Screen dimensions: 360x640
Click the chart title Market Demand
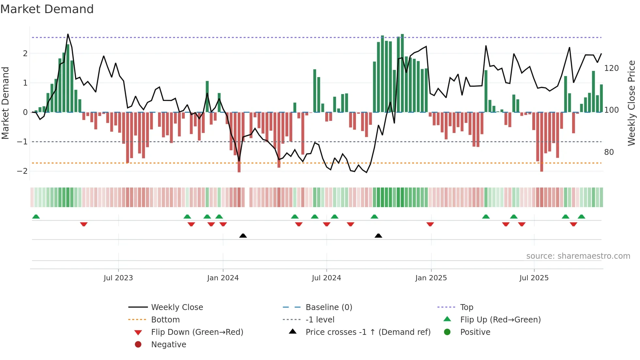tap(47, 9)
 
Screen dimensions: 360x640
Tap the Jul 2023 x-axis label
tap(118, 278)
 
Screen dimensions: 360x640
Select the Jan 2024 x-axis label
tap(223, 278)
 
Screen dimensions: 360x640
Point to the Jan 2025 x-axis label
tap(431, 278)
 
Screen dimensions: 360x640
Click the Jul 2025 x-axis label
tap(534, 278)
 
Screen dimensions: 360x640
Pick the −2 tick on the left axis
tap(22, 171)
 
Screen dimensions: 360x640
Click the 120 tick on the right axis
tap(611, 68)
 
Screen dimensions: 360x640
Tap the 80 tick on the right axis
tap(609, 152)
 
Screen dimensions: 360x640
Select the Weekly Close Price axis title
tap(632, 103)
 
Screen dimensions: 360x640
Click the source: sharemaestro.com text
tap(578, 256)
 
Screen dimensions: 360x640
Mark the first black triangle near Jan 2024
tap(243, 236)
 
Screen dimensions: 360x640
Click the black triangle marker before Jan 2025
tap(378, 236)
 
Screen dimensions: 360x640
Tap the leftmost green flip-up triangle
tap(36, 217)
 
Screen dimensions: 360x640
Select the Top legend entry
tap(466, 307)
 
